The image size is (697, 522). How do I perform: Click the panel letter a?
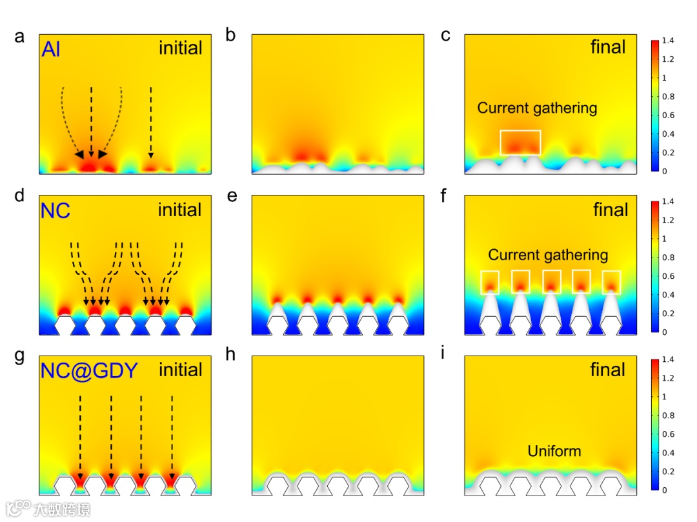20,37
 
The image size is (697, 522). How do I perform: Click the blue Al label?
51,50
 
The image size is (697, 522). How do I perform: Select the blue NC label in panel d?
56,210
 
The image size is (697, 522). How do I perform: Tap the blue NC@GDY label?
89,370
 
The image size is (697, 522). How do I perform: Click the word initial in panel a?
180,48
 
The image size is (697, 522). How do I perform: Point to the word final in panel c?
608,47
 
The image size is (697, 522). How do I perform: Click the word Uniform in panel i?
554,451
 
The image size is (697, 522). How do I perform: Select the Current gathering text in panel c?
537,108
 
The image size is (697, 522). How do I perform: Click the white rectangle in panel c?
520,143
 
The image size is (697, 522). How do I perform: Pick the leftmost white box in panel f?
490,281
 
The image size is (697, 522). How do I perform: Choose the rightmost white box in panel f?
611,281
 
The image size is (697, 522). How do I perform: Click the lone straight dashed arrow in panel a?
151,121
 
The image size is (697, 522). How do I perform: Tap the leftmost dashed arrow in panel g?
80,439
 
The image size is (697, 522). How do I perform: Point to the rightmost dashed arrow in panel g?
172,439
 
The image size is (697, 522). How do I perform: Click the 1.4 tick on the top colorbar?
669,41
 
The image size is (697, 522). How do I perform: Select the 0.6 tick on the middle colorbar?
669,276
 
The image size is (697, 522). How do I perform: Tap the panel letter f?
445,196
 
